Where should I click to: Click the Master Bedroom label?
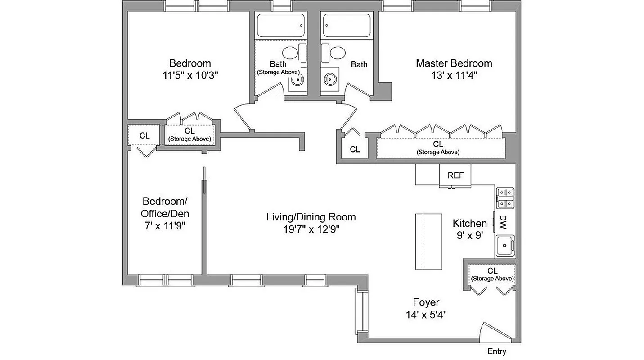454,63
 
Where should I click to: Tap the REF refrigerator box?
455,175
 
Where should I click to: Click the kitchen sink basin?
505,246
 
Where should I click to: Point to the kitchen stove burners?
504,198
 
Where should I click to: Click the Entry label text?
497,351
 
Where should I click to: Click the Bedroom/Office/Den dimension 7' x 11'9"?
165,226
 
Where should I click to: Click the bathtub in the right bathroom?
347,25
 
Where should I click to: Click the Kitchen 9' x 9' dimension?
469,235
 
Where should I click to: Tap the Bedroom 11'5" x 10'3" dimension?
190,75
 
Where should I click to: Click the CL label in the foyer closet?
492,271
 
